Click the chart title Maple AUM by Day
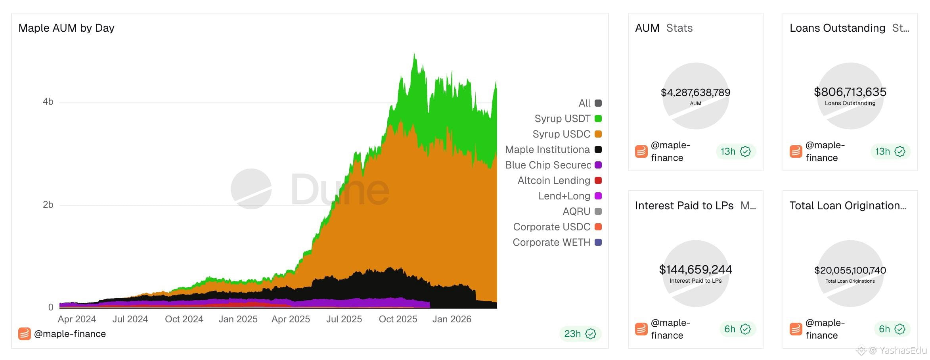coord(66,28)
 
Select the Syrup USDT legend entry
coord(568,119)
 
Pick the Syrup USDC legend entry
coord(567,134)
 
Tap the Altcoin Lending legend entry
coord(559,180)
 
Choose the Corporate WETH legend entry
coord(557,242)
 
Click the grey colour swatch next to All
coord(598,103)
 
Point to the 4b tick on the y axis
coord(48,102)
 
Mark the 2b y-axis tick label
coord(48,205)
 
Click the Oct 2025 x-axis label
coord(398,319)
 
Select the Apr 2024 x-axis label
coord(77,319)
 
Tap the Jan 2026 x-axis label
coord(452,319)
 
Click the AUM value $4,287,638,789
coord(695,92)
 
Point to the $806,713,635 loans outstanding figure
coord(850,92)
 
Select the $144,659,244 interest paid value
coord(695,270)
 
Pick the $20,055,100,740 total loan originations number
coord(850,270)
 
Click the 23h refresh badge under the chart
coord(580,334)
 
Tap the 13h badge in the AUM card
coord(736,151)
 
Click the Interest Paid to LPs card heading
coord(684,206)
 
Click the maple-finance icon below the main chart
coord(25,334)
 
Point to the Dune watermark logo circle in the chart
coord(251,189)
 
